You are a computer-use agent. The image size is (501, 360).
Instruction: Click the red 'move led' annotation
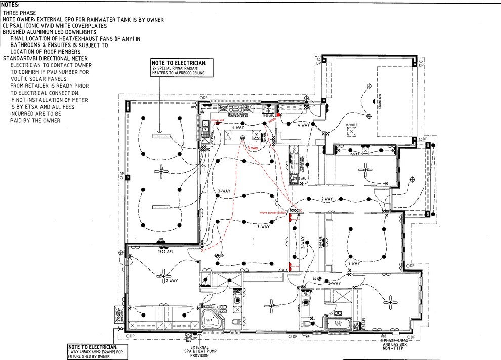pos(218,121)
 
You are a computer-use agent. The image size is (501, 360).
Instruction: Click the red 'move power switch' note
pos(274,213)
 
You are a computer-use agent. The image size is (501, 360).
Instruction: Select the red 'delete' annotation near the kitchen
pos(272,120)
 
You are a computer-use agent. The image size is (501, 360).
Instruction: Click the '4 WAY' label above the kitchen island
pos(238,128)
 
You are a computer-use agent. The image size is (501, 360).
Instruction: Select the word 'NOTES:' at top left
pos(10,4)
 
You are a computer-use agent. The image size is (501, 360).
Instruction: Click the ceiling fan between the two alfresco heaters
pos(160,173)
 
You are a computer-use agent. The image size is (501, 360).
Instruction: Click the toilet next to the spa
pos(233,322)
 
